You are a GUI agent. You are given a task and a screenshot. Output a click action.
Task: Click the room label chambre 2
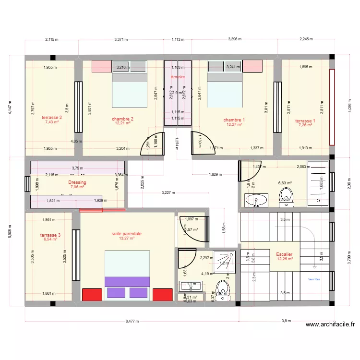pyautogui.click(x=122, y=119)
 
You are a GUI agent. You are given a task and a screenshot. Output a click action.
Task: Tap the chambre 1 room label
pyautogui.click(x=234, y=120)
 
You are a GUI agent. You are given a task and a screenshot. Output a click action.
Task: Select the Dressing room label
pyautogui.click(x=77, y=182)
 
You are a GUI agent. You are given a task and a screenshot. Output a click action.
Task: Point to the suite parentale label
pyautogui.click(x=127, y=234)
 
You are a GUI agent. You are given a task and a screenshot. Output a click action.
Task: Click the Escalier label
pyautogui.click(x=285, y=254)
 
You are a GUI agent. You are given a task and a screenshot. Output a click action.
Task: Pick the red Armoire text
pyautogui.click(x=178, y=76)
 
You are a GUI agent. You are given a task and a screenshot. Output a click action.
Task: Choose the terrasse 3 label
pyautogui.click(x=50, y=235)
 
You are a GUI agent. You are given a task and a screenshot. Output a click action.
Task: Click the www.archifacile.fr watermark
pyautogui.click(x=330, y=324)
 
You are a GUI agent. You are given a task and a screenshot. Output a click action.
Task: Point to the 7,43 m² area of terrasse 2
pyautogui.click(x=51, y=122)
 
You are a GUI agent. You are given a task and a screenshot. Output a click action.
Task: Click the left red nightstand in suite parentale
pyautogui.click(x=92, y=294)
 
